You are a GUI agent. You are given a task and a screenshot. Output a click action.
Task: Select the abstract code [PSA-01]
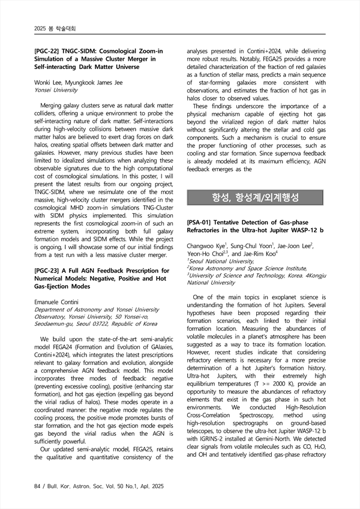pyautogui.click(x=202, y=221)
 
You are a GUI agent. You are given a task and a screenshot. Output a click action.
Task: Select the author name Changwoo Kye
pyautogui.click(x=206, y=246)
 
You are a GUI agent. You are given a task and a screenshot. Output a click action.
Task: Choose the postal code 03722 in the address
pyautogui.click(x=105, y=324)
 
